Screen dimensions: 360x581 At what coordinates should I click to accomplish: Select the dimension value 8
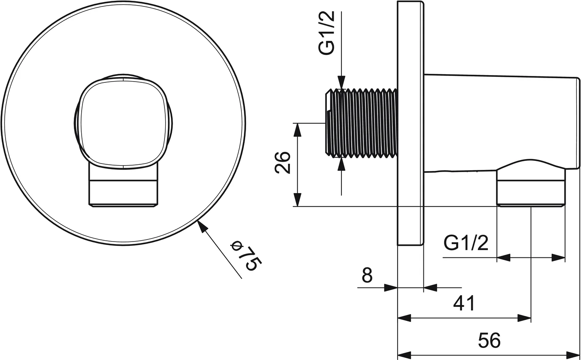[x=367, y=275]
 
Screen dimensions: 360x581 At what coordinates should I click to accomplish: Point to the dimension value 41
[x=464, y=303]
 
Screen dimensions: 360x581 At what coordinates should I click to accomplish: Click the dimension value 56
[x=490, y=340]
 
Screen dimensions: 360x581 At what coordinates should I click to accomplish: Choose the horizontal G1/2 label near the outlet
[x=466, y=243]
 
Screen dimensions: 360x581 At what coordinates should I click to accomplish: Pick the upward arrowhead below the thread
[x=341, y=163]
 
